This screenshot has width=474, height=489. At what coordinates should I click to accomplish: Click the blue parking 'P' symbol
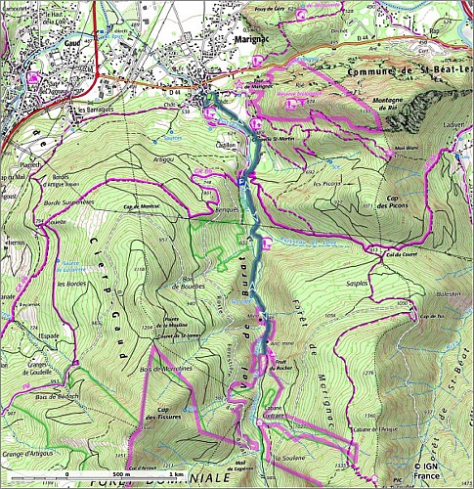[243, 182]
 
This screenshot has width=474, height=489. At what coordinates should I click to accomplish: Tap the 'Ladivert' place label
[452, 126]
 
